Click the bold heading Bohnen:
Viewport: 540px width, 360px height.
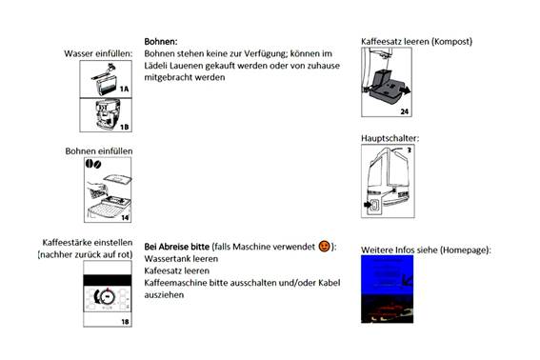(161, 42)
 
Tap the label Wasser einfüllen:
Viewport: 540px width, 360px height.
(98, 53)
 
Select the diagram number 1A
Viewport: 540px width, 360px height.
(125, 89)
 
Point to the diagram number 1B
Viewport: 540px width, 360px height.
(125, 127)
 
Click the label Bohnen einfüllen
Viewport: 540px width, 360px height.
(99, 151)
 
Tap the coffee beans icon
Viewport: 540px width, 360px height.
(93, 164)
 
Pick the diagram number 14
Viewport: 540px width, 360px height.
(125, 218)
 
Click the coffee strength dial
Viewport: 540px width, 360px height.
(106, 296)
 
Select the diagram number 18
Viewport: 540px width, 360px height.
(125, 322)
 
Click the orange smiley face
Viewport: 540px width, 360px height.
(324, 247)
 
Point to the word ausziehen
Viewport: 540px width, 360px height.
(164, 295)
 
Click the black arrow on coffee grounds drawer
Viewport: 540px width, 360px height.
(405, 90)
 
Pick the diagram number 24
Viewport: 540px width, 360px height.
(405, 111)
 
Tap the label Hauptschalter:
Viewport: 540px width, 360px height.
(390, 138)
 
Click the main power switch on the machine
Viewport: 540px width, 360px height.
(374, 205)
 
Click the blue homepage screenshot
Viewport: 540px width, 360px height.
(387, 290)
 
